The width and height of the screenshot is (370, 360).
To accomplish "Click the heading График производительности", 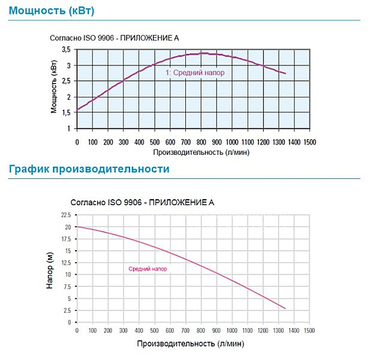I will pyautogui.click(x=89, y=169).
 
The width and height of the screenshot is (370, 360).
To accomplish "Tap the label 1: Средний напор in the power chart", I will pyautogui.click(x=195, y=72).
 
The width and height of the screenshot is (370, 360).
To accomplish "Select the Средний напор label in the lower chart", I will pyautogui.click(x=148, y=269).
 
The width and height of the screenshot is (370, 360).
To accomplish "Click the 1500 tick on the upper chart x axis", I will pyautogui.click(x=309, y=142).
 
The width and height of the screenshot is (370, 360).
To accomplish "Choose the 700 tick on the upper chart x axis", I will pyautogui.click(x=185, y=142).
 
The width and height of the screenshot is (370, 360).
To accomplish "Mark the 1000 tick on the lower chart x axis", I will pyautogui.click(x=232, y=331).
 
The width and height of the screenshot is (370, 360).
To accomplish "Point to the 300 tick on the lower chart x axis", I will pyautogui.click(x=123, y=331).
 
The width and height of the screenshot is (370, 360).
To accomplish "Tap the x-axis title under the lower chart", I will pyautogui.click(x=191, y=344).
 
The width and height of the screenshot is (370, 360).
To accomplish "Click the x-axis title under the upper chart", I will pyautogui.click(x=192, y=152).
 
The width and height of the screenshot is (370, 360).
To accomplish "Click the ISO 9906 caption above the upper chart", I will pyautogui.click(x=114, y=38).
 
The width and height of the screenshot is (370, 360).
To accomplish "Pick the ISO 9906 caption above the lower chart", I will pyautogui.click(x=142, y=203).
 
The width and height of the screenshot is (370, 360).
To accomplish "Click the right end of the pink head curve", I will pyautogui.click(x=285, y=309).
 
